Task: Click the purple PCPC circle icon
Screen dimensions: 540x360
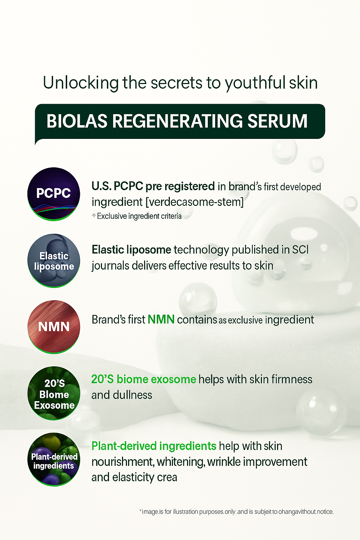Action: pyautogui.click(x=54, y=194)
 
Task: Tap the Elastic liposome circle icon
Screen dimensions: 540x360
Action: pyautogui.click(x=54, y=261)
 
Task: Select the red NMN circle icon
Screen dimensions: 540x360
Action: pyautogui.click(x=54, y=327)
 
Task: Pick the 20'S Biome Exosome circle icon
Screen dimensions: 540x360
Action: pyautogui.click(x=54, y=393)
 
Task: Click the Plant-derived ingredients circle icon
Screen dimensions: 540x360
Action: pyautogui.click(x=54, y=459)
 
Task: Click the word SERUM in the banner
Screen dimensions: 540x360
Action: pyautogui.click(x=277, y=121)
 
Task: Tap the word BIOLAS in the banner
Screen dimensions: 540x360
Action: pyautogui.click(x=77, y=121)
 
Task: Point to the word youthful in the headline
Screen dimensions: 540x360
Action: pyautogui.click(x=255, y=83)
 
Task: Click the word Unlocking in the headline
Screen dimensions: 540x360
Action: pyautogui.click(x=81, y=83)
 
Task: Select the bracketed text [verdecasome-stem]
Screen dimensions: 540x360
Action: pyautogui.click(x=194, y=202)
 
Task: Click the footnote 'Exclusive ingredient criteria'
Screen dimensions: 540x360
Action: pyautogui.click(x=139, y=216)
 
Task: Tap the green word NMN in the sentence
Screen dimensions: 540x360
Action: pyautogui.click(x=161, y=320)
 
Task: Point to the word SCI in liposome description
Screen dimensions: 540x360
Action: pyautogui.click(x=300, y=250)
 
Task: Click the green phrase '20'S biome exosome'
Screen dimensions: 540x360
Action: pyautogui.click(x=143, y=379)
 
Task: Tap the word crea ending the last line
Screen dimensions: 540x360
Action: pyautogui.click(x=167, y=477)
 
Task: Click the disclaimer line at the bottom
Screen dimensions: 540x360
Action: pyautogui.click(x=236, y=512)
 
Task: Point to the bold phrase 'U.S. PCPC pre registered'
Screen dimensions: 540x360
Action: pyautogui.click(x=153, y=186)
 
